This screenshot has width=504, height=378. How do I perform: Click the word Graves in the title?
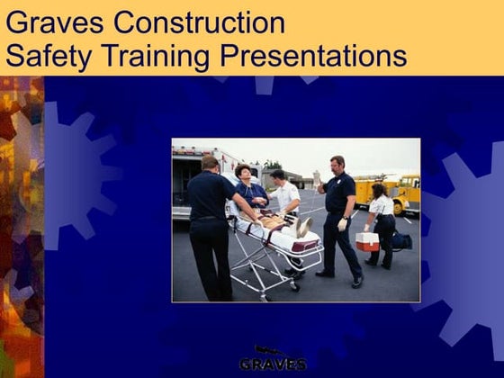tap(49, 22)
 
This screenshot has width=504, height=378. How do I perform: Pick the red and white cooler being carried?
tap(366, 241)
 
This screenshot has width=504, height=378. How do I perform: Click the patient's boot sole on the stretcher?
tap(304, 227)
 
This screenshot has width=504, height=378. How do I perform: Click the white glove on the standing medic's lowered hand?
tap(342, 223)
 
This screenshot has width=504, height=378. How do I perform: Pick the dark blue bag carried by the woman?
tap(400, 241)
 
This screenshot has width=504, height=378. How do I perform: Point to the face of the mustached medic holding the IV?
tap(337, 166)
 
